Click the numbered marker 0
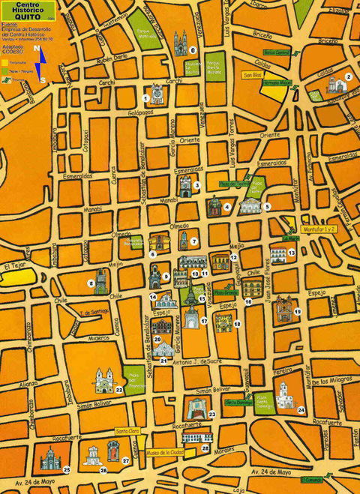click(x=193, y=49)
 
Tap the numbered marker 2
click(x=348, y=76)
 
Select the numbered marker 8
click(x=91, y=283)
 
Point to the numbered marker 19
click(x=298, y=310)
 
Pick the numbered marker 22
click(x=119, y=390)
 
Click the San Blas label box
click(x=251, y=75)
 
